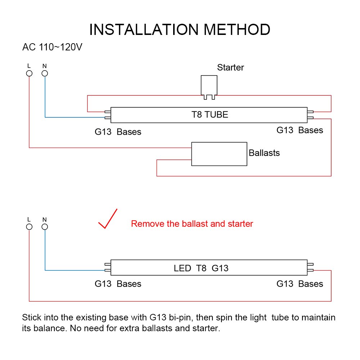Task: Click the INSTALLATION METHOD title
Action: click(180, 30)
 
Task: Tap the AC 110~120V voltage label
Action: click(52, 47)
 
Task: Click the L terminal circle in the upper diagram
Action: click(29, 73)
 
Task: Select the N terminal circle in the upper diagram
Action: click(45, 73)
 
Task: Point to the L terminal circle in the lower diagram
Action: click(29, 227)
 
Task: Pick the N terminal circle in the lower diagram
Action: click(45, 227)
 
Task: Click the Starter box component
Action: click(209, 87)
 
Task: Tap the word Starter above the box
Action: click(230, 68)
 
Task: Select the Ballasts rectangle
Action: click(219, 154)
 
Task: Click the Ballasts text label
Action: click(264, 153)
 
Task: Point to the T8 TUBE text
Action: click(210, 114)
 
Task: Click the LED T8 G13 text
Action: click(201, 268)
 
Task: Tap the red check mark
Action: click(108, 219)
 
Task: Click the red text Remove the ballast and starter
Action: click(192, 224)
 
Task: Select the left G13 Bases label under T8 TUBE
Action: click(118, 132)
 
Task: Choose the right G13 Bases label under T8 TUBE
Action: click(300, 130)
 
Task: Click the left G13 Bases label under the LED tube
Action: click(118, 284)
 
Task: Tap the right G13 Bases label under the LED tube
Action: click(300, 284)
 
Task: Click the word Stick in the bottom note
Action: click(32, 318)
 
